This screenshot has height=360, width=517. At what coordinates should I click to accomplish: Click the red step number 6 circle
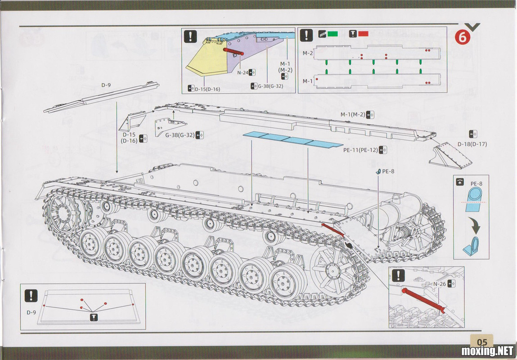tap(462, 38)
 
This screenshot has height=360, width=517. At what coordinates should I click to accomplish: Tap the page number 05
tap(482, 342)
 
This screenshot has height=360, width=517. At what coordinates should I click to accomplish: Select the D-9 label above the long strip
tap(106, 85)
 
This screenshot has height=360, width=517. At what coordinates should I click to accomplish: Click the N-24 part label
tap(243, 72)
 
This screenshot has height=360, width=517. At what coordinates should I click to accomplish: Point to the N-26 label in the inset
tap(439, 284)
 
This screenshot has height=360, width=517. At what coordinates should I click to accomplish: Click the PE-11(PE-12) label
tap(360, 150)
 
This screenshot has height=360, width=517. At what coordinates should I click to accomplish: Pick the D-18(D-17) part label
tap(472, 144)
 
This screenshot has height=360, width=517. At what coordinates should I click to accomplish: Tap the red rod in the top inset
tap(234, 51)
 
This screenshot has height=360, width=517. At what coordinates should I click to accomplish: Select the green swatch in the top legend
tap(333, 34)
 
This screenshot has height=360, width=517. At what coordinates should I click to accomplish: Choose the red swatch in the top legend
tap(363, 34)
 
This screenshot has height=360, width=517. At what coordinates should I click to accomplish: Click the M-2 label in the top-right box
tap(308, 53)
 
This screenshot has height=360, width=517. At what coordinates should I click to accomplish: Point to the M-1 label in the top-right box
tap(308, 81)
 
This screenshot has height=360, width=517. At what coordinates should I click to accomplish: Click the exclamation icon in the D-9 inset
tap(31, 296)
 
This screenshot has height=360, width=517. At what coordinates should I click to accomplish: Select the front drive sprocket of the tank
tap(62, 213)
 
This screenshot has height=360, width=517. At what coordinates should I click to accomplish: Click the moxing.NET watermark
tap(487, 351)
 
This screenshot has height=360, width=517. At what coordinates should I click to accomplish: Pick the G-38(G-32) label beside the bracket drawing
tap(180, 135)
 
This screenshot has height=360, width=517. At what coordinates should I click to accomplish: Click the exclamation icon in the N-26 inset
tap(398, 275)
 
